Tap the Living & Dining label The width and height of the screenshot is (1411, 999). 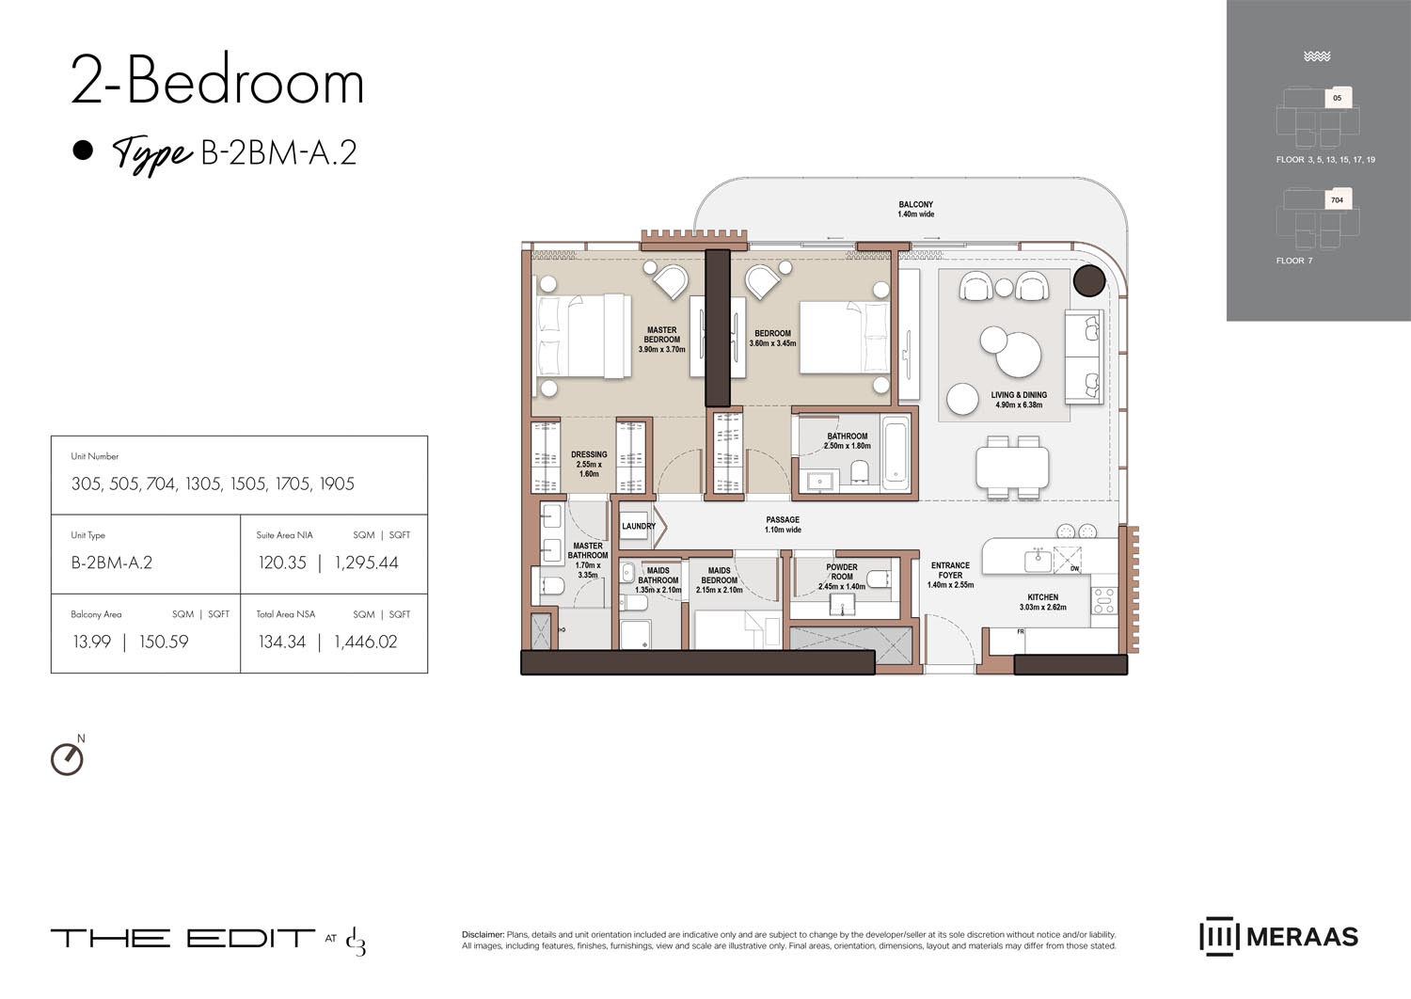[1019, 400]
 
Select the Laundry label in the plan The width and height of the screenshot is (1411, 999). [638, 526]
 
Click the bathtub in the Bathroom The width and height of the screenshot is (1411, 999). [896, 452]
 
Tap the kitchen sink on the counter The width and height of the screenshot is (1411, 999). [1038, 561]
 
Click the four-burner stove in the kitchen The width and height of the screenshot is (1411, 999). [1103, 600]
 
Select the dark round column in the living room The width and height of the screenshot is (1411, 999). [1089, 281]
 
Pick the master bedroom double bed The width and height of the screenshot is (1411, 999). [581, 337]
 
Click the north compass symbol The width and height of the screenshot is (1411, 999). [67, 758]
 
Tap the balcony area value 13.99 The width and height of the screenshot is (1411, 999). [91, 642]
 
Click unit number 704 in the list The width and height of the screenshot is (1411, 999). [161, 484]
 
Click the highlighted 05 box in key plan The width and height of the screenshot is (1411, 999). [1338, 97]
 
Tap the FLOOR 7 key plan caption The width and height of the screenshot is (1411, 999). [1293, 261]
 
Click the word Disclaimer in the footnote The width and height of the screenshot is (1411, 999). [483, 934]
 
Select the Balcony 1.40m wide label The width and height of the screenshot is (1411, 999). [915, 209]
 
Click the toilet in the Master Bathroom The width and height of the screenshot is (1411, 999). [553, 587]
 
